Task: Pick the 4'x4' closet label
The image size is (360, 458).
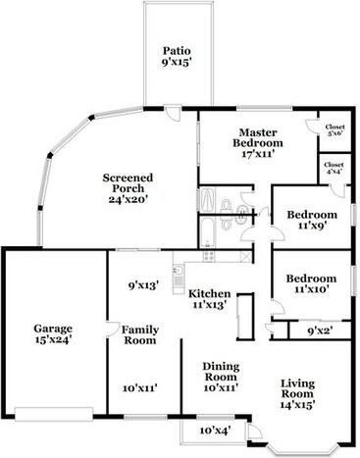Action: pyautogui.click(x=334, y=169)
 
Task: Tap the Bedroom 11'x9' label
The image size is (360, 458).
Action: pyautogui.click(x=311, y=215)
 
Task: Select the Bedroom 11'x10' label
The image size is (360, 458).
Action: pyautogui.click(x=312, y=278)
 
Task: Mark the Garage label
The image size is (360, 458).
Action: pyautogui.click(x=53, y=329)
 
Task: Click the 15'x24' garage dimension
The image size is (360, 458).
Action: pyautogui.click(x=53, y=340)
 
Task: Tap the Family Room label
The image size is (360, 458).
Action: pyautogui.click(x=140, y=334)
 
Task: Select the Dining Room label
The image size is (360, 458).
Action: pyautogui.click(x=220, y=372)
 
